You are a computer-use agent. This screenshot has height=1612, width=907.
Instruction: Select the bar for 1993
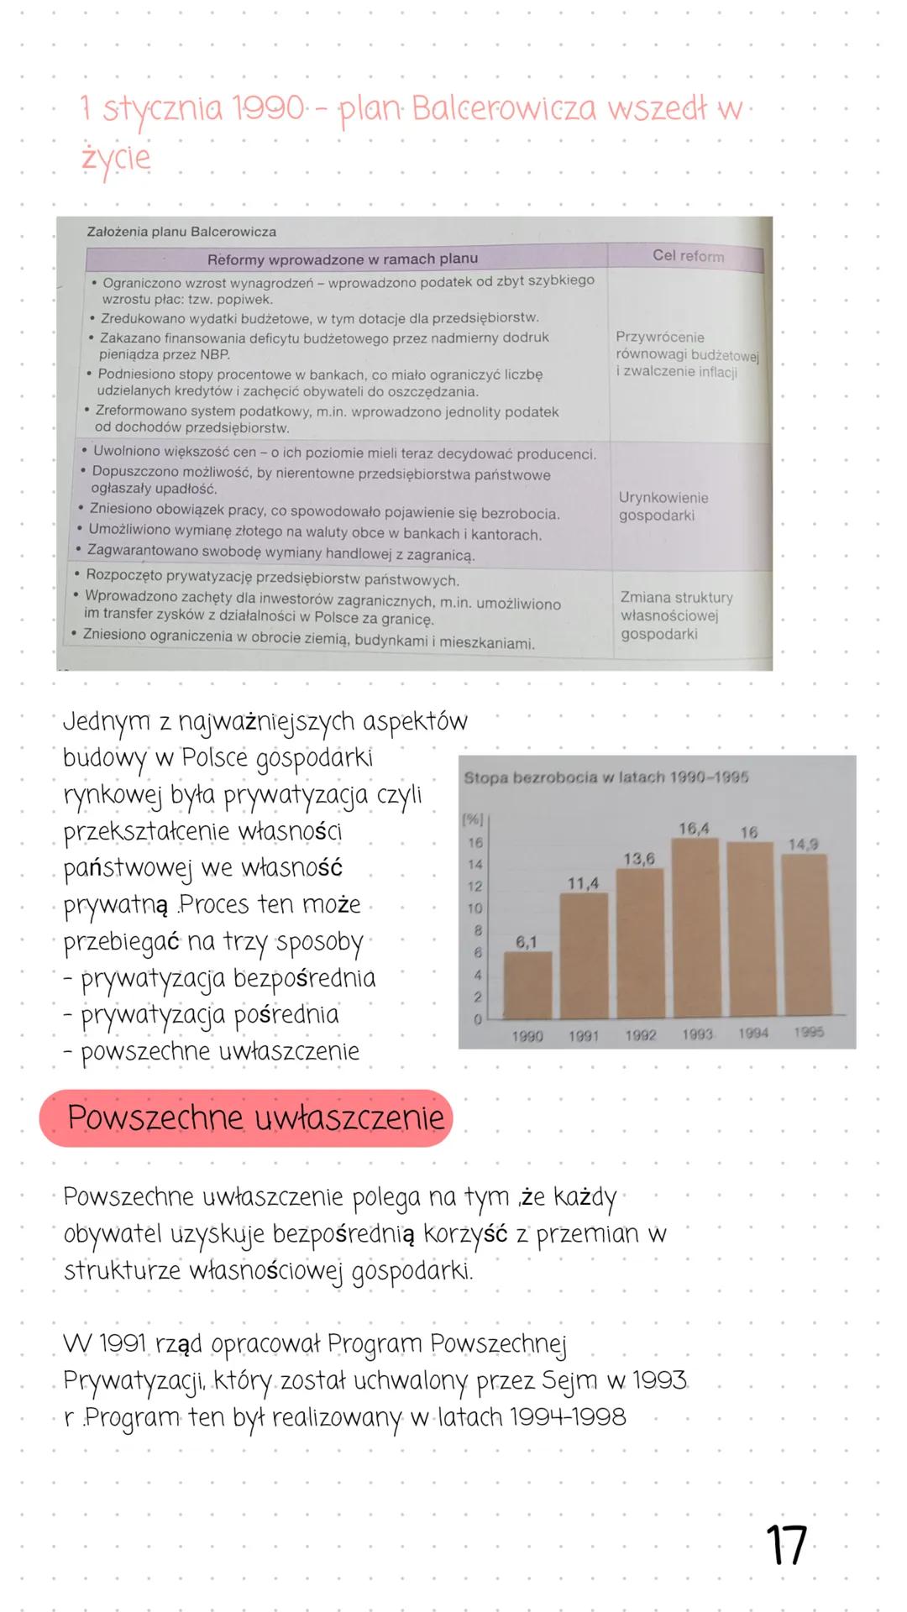[695, 929]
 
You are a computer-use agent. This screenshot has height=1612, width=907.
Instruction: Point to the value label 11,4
[583, 883]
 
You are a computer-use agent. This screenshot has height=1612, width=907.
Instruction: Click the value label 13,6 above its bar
[639, 858]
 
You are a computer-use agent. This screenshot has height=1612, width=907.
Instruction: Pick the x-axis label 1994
[753, 1034]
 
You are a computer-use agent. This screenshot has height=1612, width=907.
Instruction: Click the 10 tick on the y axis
[475, 908]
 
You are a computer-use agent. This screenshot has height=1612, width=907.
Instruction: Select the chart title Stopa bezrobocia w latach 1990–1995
[606, 777]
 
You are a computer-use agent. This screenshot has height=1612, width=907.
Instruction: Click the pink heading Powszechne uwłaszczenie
[255, 1118]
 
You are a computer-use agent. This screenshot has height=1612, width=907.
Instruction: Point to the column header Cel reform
[688, 256]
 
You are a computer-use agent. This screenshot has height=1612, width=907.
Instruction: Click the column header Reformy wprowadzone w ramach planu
[343, 259]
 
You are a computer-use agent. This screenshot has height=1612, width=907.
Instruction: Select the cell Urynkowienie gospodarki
[663, 506]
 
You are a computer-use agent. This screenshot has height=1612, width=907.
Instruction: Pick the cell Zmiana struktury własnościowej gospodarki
[676, 615]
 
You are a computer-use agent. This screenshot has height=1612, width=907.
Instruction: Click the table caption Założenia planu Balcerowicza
[181, 232]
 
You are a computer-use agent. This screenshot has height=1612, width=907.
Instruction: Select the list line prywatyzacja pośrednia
[210, 1015]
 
